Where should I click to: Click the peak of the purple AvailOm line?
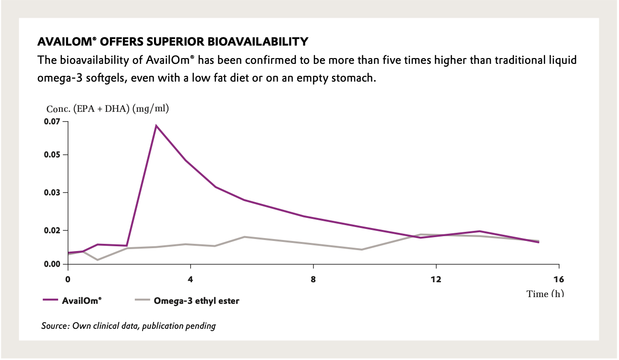[156, 126]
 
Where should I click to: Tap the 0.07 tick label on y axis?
[53, 121]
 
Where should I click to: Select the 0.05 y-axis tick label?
[53, 155]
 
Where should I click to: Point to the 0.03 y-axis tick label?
[53, 192]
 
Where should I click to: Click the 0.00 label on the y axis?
[53, 264]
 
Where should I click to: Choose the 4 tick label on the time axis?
[190, 279]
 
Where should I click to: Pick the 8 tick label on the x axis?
[313, 279]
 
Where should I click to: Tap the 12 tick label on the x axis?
[436, 279]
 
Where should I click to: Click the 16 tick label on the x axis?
[559, 279]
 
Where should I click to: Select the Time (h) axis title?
[545, 294]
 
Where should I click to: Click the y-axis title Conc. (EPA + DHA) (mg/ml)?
[107, 108]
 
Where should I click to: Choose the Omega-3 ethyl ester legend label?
[197, 301]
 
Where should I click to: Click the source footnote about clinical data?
[129, 326]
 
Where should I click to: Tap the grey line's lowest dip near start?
[98, 260]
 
